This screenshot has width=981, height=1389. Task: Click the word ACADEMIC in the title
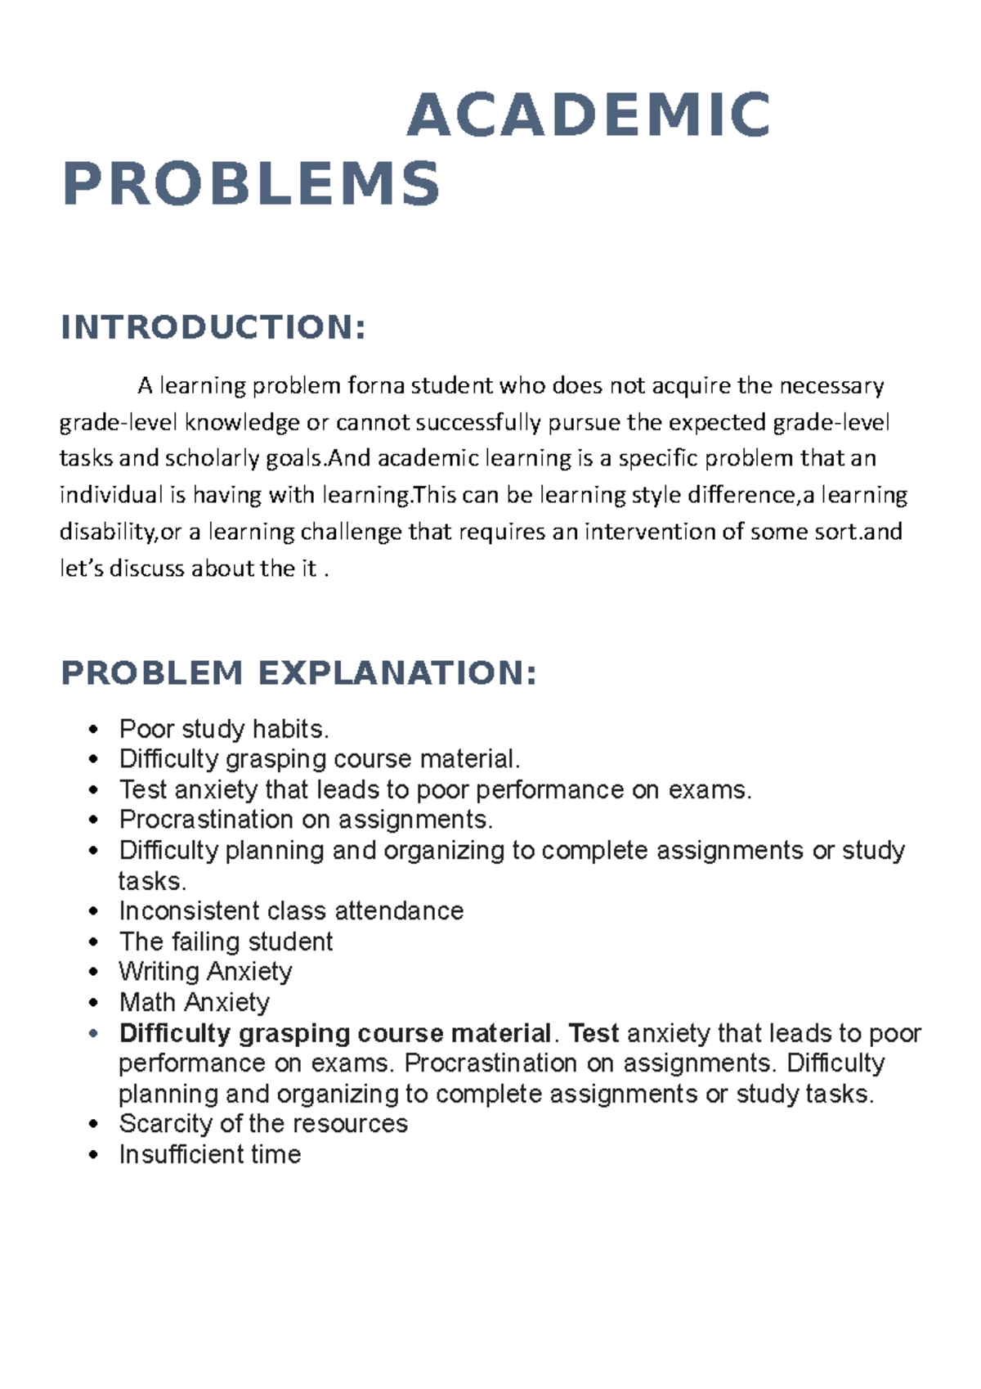tap(589, 115)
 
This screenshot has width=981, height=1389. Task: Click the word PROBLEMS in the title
tap(252, 184)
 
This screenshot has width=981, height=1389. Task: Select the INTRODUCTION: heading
tap(213, 327)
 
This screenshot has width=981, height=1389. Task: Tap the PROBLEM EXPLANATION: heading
tap(299, 673)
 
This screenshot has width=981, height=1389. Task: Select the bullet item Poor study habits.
tap(224, 728)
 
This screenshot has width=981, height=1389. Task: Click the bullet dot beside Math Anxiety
tap(95, 1003)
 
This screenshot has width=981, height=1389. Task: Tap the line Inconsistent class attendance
tap(291, 910)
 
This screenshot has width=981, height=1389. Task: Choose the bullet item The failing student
tap(226, 942)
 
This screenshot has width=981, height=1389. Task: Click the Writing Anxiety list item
tap(205, 972)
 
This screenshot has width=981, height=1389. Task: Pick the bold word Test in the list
tap(594, 1033)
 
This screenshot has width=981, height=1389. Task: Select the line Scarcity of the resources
tap(263, 1123)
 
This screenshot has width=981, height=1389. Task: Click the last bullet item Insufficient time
tap(210, 1154)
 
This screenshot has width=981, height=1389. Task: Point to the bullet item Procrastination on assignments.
tap(306, 819)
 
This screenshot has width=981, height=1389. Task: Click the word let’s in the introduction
tap(83, 569)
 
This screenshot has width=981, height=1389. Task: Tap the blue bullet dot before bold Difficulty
tap(95, 1034)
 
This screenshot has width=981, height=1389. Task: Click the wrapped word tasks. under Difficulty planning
tap(153, 881)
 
